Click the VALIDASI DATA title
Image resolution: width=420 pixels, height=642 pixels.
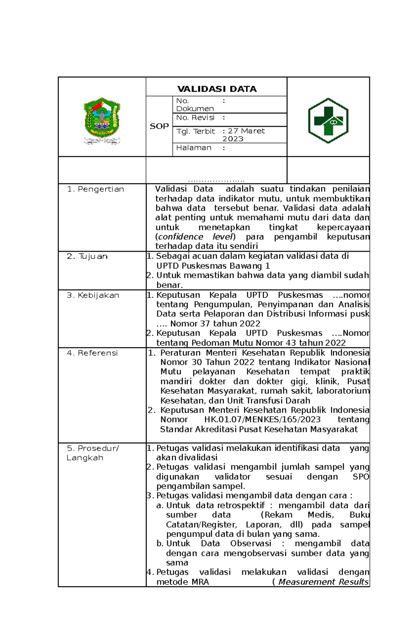(217, 89)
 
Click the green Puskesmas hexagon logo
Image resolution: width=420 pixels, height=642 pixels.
(328, 121)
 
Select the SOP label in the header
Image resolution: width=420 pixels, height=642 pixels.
(159, 126)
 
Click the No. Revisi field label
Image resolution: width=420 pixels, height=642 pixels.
(195, 118)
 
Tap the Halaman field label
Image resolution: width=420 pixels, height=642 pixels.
(194, 148)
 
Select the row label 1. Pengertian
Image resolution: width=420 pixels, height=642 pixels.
(96, 189)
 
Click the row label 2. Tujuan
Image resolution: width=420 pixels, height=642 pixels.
(87, 256)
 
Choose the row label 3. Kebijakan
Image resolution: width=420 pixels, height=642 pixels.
(93, 295)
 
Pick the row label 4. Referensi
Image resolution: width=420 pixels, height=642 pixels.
(92, 353)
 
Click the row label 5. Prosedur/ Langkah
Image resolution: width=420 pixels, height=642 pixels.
(93, 453)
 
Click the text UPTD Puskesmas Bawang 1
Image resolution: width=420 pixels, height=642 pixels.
(213, 266)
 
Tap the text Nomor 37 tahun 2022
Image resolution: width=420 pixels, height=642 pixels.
(215, 324)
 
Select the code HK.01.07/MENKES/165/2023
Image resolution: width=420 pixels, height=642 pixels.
(262, 419)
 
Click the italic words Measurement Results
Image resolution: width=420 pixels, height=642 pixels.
(323, 582)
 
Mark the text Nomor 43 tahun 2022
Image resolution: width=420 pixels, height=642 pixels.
(301, 343)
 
